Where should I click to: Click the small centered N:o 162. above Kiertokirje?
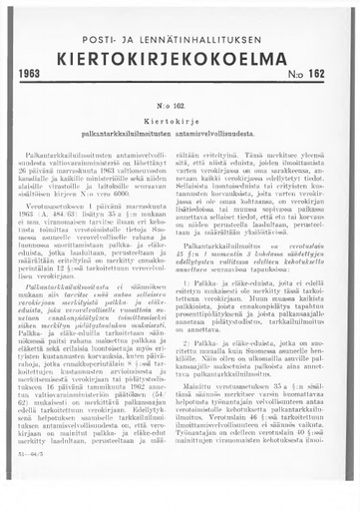180,103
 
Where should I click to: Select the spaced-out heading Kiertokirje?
180,116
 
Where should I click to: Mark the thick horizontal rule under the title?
180,85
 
